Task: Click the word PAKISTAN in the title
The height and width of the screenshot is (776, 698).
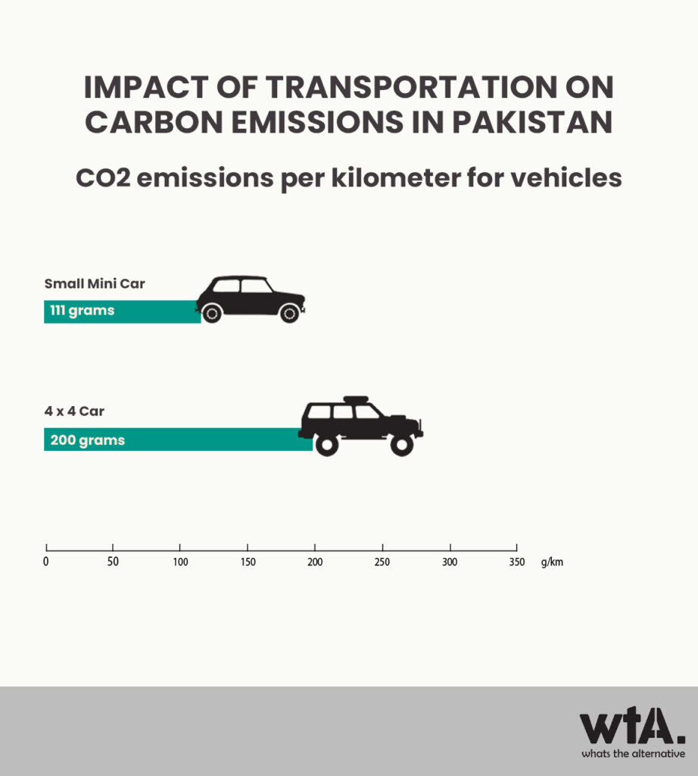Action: (x=532, y=122)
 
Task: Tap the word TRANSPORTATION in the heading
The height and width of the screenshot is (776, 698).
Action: (x=411, y=88)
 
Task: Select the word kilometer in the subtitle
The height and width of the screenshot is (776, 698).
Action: (x=395, y=177)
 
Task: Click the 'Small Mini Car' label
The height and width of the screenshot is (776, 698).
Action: (x=95, y=283)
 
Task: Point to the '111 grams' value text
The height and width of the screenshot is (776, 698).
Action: (x=82, y=310)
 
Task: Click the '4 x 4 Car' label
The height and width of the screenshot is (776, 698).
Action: (x=74, y=411)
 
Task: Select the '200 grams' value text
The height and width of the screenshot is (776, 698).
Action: (x=88, y=440)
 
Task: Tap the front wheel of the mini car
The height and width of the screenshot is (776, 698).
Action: (x=289, y=313)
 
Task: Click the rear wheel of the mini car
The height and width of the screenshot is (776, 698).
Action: (x=211, y=313)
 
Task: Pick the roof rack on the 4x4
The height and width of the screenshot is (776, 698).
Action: (x=356, y=399)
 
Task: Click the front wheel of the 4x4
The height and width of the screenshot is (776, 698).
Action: (x=401, y=445)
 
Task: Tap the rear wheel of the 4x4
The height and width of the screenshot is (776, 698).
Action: (x=327, y=445)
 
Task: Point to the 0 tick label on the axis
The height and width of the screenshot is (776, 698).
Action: (x=46, y=562)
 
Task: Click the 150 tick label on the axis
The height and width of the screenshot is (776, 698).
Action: (x=248, y=562)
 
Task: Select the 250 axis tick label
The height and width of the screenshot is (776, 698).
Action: (x=382, y=562)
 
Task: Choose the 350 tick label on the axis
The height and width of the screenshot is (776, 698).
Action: (x=517, y=562)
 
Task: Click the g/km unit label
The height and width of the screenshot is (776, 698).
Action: (x=552, y=562)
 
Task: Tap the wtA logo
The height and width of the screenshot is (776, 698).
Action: (x=633, y=726)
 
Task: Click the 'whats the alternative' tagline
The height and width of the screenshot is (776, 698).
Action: (x=633, y=754)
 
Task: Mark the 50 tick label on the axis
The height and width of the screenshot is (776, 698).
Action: (x=113, y=562)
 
